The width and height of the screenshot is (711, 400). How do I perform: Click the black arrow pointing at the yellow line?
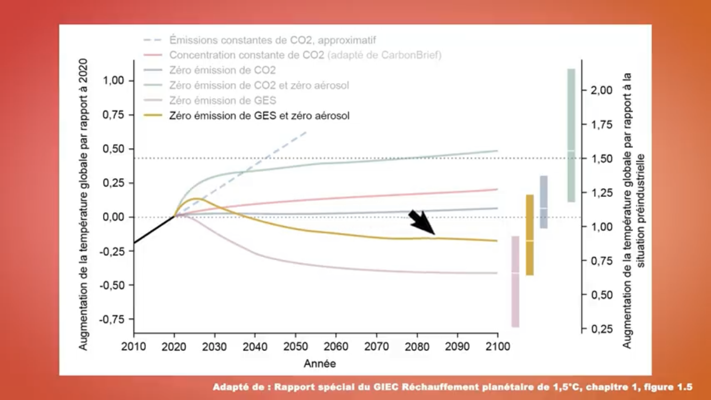pyautogui.click(x=422, y=222)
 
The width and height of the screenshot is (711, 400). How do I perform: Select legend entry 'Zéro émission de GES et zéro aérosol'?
pyautogui.click(x=259, y=116)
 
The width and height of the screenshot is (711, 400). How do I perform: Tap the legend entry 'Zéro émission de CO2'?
pyautogui.click(x=222, y=70)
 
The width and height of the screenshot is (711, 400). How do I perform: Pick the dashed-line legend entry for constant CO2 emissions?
pyautogui.click(x=272, y=40)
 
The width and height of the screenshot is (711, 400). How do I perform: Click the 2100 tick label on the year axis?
pyautogui.click(x=497, y=347)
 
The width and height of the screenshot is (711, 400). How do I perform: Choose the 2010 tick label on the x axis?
pyautogui.click(x=134, y=347)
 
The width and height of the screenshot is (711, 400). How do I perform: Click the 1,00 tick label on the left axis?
pyautogui.click(x=113, y=81)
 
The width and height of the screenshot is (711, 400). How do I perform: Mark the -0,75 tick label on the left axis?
pyautogui.click(x=112, y=319)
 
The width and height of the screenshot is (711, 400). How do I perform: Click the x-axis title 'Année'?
pyautogui.click(x=320, y=364)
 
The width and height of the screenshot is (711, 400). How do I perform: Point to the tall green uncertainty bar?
pyautogui.click(x=571, y=135)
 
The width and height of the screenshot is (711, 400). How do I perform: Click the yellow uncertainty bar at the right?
pyautogui.click(x=530, y=235)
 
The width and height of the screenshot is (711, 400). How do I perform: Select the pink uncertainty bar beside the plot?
pyautogui.click(x=515, y=281)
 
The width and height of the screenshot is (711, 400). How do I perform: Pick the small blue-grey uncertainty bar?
pyautogui.click(x=544, y=202)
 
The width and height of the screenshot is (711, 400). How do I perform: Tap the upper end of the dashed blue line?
pyautogui.click(x=306, y=131)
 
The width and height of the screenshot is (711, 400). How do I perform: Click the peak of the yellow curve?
pyautogui.click(x=196, y=199)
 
